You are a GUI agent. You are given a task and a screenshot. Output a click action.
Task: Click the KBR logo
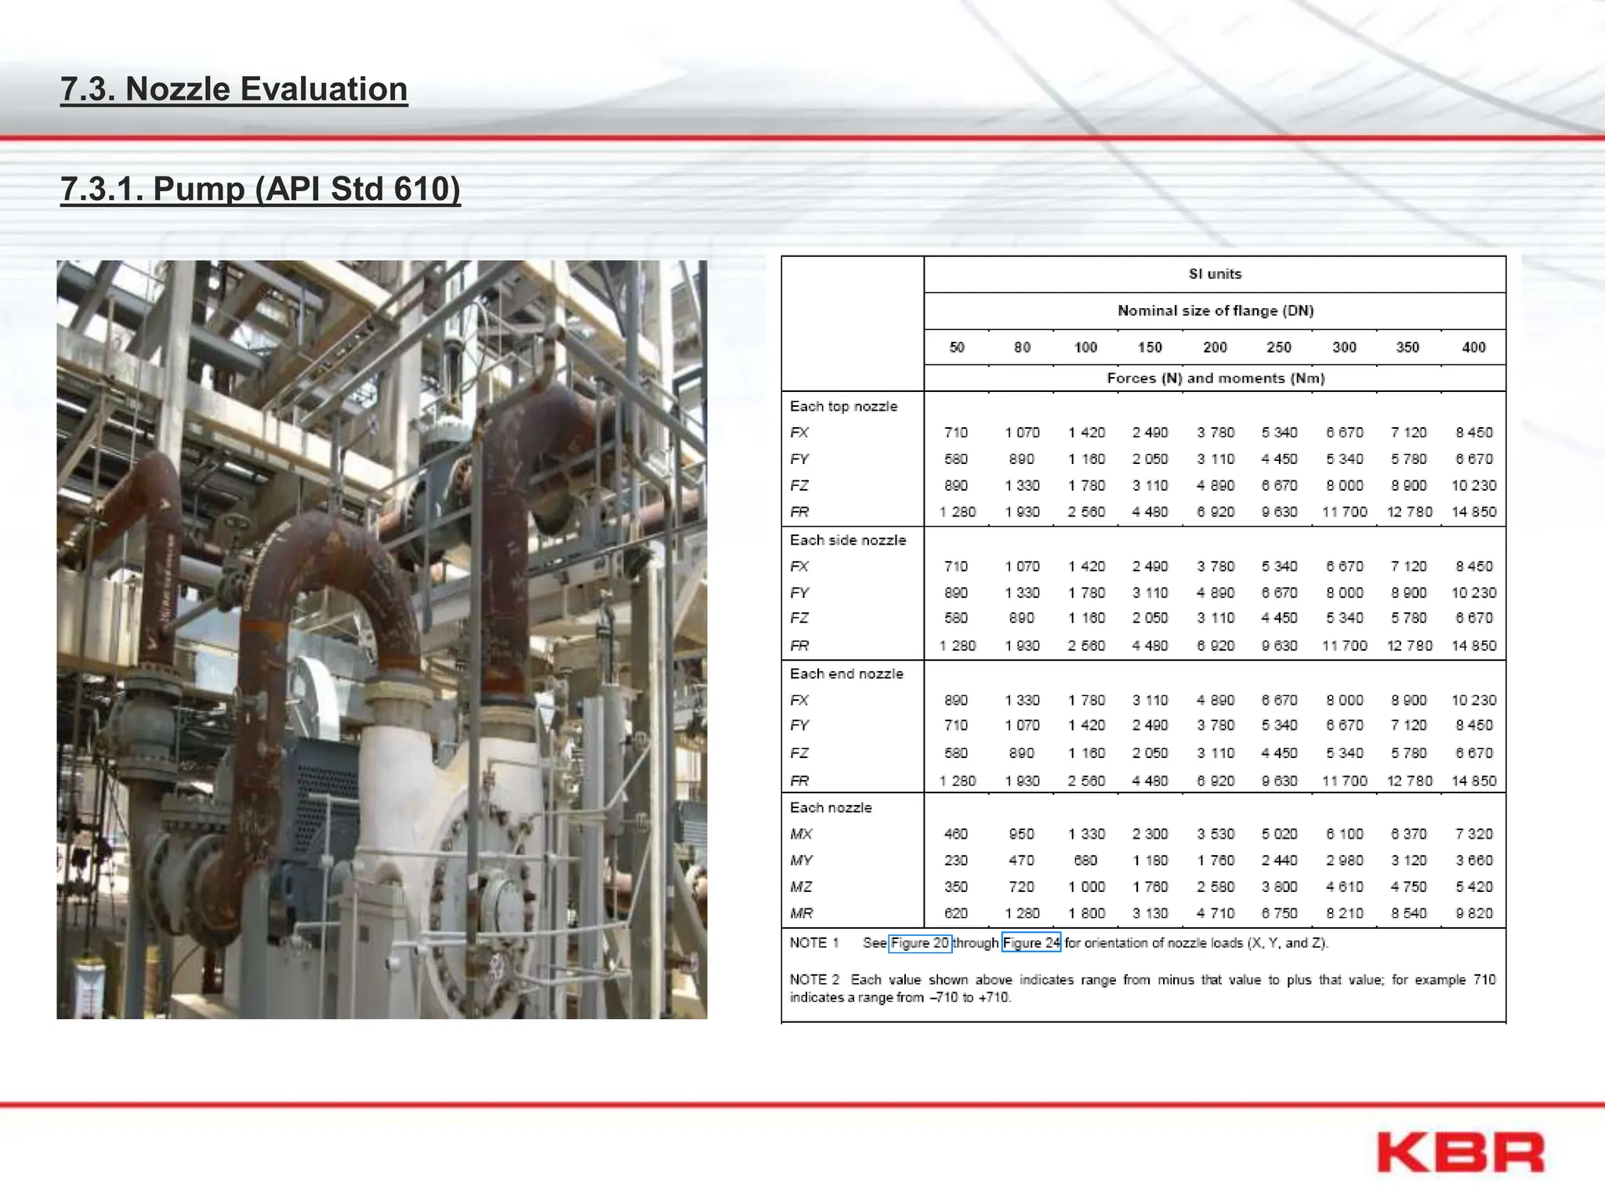[x=1460, y=1152]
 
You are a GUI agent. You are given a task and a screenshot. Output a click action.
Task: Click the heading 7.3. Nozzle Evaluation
[x=234, y=89]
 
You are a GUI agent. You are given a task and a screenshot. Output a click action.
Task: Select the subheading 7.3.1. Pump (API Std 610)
[x=260, y=189]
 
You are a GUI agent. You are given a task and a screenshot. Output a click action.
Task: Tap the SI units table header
[x=1215, y=274]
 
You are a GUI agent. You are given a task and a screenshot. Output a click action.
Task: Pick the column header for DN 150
[x=1150, y=347]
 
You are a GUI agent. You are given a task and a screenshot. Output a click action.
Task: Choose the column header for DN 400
[x=1473, y=347]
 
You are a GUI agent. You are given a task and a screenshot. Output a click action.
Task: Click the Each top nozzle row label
[x=843, y=406]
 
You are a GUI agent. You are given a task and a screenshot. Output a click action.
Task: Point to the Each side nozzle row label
[x=847, y=540]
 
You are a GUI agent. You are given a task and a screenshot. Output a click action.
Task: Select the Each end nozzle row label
[x=846, y=673]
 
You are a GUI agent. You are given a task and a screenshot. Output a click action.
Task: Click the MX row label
[x=801, y=834]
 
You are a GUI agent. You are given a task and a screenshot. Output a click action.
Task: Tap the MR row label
[x=801, y=913]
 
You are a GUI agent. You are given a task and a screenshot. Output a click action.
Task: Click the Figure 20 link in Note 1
[x=920, y=943]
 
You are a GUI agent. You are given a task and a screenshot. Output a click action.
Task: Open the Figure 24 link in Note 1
[x=1031, y=943]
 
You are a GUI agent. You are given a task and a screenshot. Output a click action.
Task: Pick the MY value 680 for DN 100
[x=1085, y=861]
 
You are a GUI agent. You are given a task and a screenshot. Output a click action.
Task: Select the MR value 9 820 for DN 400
[x=1473, y=913]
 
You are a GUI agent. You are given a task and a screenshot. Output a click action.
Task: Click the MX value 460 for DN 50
[x=956, y=834]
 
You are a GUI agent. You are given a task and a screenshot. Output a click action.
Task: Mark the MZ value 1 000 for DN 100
[x=1086, y=887]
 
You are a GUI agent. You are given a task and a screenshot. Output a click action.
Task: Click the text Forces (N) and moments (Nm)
[x=1216, y=379]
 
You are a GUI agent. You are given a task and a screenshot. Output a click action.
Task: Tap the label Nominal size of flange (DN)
[x=1216, y=311]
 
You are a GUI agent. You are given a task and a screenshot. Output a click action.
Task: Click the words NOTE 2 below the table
[x=814, y=980]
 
